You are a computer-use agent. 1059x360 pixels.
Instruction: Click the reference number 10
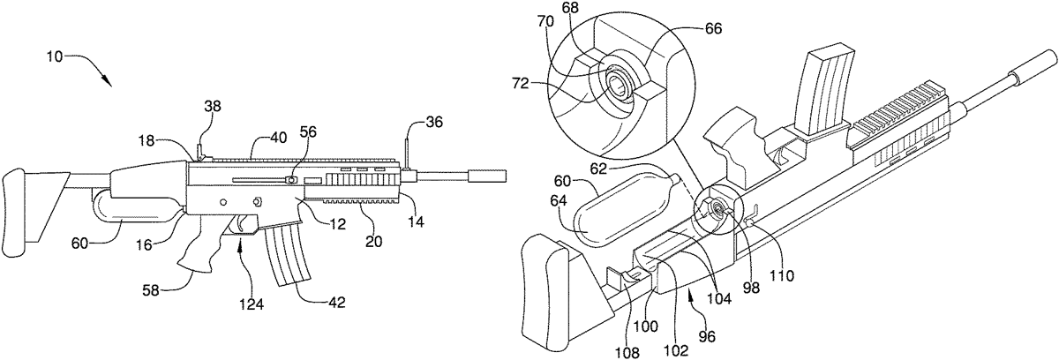pos(55,57)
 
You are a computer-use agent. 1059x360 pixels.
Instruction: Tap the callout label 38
pos(213,106)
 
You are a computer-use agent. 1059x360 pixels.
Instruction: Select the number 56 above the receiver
pos(310,132)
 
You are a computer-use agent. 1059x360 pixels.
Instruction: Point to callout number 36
pos(433,123)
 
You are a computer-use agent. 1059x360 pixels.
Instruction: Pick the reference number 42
pos(335,303)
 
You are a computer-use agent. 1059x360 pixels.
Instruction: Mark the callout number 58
pos(152,290)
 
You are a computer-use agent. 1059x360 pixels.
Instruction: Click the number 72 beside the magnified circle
pos(520,84)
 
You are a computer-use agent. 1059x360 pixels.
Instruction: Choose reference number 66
pos(712,28)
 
